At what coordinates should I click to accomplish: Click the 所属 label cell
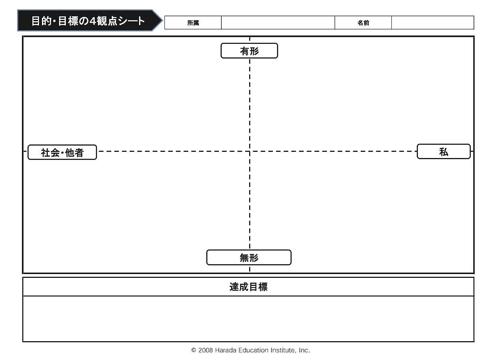[193, 23]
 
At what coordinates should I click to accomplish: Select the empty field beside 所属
[278, 23]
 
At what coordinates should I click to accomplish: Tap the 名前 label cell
[363, 23]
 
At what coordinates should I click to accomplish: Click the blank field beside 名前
[432, 23]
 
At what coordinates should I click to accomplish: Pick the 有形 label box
[249, 51]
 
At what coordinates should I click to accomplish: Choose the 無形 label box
[249, 258]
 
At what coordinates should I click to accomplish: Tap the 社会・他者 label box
[62, 152]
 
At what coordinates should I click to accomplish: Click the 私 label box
[444, 152]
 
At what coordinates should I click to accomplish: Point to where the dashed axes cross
[250, 151]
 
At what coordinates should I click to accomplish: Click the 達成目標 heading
[248, 287]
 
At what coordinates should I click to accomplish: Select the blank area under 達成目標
[248, 319]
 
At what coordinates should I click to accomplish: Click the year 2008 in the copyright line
[206, 350]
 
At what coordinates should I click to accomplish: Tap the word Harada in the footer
[225, 350]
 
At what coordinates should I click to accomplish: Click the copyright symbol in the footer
[194, 350]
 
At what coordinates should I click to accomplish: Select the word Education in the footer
[254, 350]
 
